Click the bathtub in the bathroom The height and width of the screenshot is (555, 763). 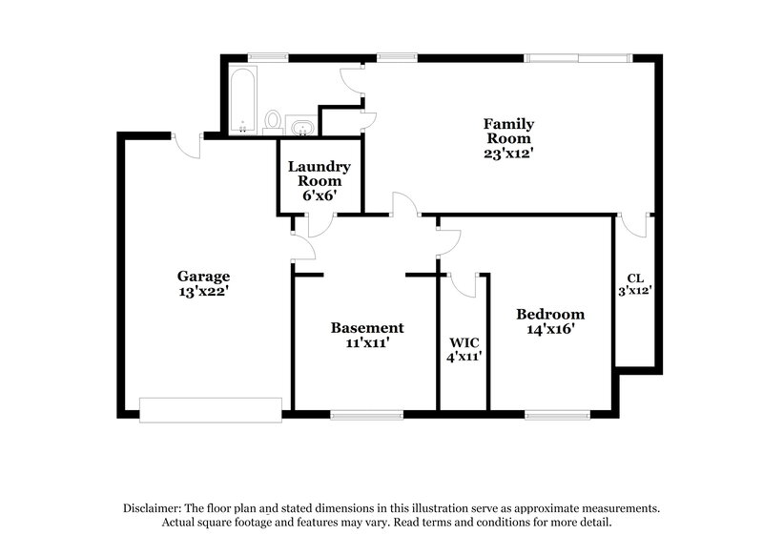point(242,99)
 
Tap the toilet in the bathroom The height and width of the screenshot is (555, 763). point(274,122)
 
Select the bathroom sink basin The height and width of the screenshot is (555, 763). point(302,125)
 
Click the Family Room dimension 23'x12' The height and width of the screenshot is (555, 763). point(507,151)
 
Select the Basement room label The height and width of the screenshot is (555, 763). point(367,327)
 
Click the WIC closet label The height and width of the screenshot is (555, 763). point(464,342)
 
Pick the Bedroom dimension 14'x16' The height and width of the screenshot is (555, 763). point(550,329)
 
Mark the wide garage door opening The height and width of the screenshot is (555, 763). point(210,409)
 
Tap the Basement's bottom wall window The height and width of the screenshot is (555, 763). point(367,414)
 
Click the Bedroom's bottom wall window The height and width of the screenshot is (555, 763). point(557,414)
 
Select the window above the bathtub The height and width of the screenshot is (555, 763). point(256,57)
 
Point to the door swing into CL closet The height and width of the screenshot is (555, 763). point(629,226)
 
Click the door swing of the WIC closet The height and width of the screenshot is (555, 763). point(464,283)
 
